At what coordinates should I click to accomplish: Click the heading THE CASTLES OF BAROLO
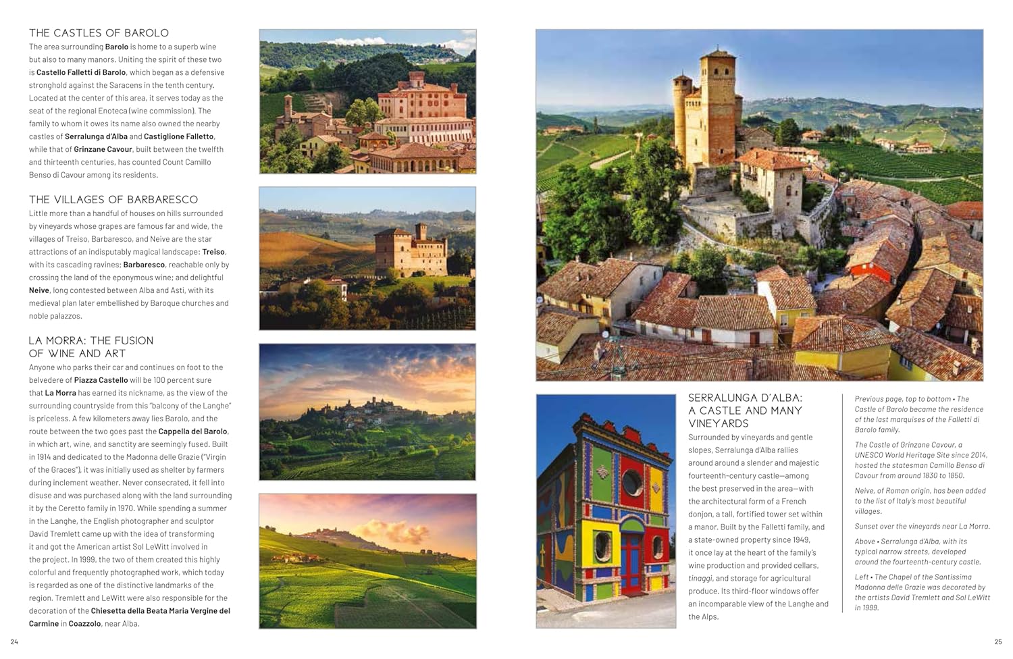pos(99,33)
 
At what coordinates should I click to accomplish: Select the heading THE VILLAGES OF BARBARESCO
pos(113,200)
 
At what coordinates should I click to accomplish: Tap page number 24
pos(14,641)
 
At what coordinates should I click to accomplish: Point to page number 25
pos(998,641)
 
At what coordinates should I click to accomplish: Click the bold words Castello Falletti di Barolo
pos(81,73)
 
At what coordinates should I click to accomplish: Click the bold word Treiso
pos(213,253)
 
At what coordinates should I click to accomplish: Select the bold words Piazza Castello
pos(101,381)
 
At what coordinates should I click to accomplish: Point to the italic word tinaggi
pos(700,579)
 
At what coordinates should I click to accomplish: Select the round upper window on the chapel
pos(632,482)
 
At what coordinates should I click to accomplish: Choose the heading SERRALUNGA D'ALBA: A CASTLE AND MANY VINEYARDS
pos(745,411)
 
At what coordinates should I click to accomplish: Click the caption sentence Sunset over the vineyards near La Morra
pos(922,527)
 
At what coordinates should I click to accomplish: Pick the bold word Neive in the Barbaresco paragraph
pos(39,291)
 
